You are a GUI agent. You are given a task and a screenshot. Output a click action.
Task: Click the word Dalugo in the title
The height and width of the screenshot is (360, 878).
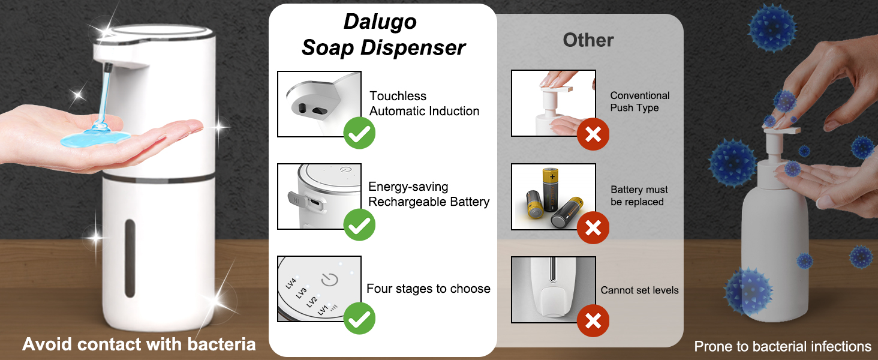point(380,22)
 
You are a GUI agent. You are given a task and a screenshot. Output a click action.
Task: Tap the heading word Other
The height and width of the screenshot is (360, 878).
point(588,40)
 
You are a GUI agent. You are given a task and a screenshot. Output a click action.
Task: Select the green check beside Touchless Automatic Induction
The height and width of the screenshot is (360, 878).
point(359,133)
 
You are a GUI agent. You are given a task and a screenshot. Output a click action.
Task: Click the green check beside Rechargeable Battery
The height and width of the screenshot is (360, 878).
point(359,225)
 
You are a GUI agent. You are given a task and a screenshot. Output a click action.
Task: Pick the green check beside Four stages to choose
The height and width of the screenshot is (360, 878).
point(359,318)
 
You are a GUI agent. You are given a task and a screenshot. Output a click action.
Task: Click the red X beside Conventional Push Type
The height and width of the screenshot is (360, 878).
point(593,134)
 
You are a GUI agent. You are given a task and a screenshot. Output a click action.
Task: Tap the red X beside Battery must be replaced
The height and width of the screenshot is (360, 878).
point(593,227)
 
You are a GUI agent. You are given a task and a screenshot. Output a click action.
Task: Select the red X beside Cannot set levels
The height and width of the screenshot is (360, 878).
point(593,321)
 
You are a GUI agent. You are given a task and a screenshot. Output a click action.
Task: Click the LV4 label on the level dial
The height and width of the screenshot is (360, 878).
point(291,283)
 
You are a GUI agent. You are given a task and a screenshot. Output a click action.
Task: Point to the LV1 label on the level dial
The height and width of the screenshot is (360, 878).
point(323,310)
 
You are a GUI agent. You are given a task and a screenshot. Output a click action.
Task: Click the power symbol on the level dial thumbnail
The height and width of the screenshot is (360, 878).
point(330,280)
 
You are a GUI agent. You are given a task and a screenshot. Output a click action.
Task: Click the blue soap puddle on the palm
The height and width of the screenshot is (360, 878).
point(95,137)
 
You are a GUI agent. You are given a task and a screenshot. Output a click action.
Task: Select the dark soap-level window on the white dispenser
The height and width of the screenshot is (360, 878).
point(130,258)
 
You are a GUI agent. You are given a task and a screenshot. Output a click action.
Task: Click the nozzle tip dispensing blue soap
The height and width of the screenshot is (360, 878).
point(108,68)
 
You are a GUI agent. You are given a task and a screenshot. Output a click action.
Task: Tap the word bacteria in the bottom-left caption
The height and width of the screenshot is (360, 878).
point(221,344)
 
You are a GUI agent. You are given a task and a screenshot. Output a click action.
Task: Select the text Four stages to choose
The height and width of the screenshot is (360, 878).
point(428,289)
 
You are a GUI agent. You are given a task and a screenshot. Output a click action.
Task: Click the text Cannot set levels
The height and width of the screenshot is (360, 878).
point(639,290)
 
